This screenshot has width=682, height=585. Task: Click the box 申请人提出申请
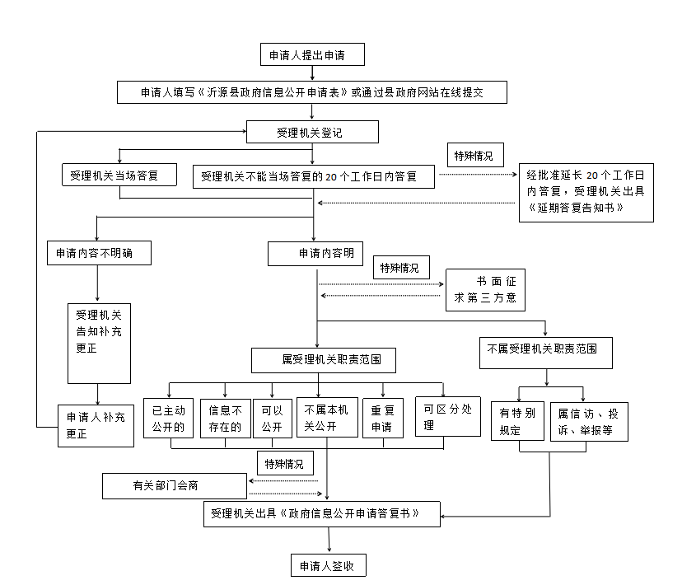click(311, 55)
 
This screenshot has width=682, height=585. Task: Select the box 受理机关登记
click(312, 132)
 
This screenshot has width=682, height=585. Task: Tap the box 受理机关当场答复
click(119, 175)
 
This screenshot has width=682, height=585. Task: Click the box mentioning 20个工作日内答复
click(314, 175)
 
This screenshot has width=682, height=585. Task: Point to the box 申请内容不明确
click(100, 254)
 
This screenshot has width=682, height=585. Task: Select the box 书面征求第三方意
click(485, 289)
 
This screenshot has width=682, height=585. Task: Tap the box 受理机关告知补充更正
click(98, 343)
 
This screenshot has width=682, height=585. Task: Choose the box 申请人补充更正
click(96, 425)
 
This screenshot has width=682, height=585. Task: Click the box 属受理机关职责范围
click(322, 360)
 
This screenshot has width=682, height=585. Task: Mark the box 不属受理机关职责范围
click(548, 350)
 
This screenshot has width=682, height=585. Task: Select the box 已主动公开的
click(168, 418)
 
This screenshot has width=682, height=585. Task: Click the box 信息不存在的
click(225, 418)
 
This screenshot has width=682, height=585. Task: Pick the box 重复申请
click(382, 418)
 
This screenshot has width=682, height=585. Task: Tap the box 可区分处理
click(447, 415)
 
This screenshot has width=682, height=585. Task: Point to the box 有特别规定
click(517, 420)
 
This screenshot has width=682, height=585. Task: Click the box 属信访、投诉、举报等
click(589, 420)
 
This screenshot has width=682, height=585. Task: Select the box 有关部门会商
click(174, 486)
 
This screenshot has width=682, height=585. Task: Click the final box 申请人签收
click(328, 566)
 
